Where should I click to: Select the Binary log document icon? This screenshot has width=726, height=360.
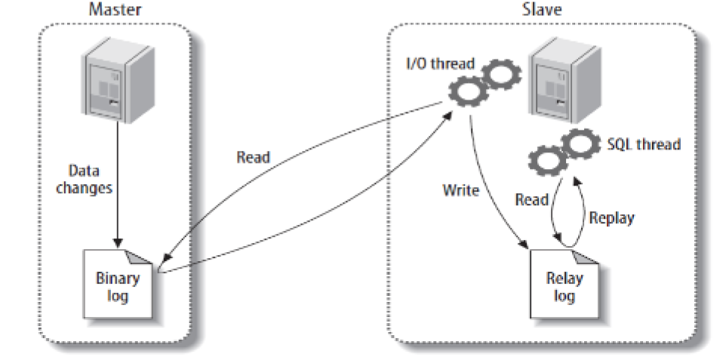click(x=118, y=282)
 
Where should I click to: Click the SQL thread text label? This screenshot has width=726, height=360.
click(x=644, y=143)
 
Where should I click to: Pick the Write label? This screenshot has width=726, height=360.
click(x=460, y=189)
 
